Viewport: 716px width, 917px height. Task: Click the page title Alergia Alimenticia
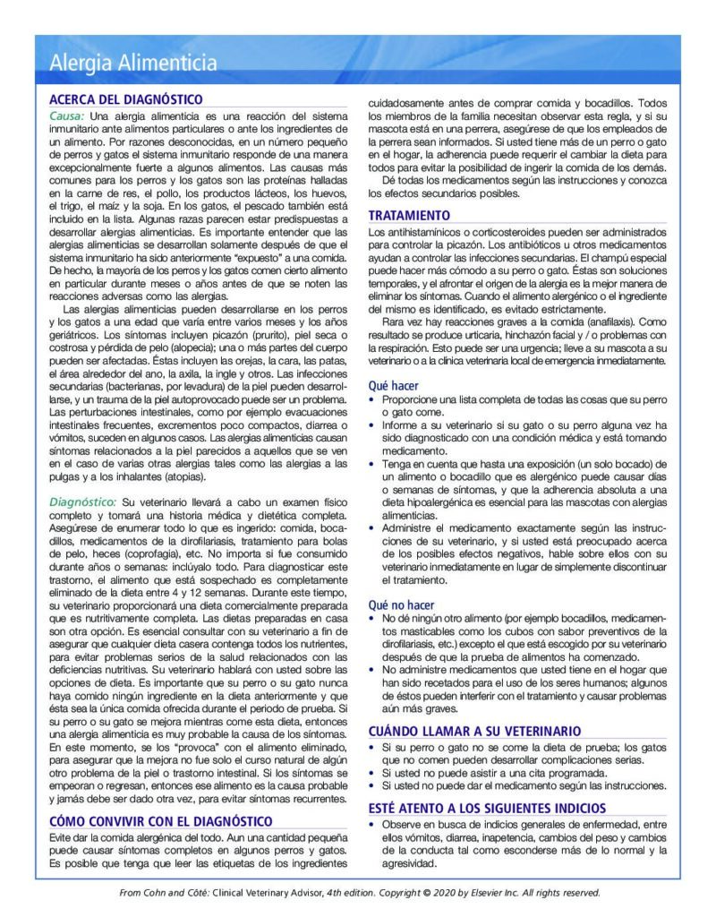133,63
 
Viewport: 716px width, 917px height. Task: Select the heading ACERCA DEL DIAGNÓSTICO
125,99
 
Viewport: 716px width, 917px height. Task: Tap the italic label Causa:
67,116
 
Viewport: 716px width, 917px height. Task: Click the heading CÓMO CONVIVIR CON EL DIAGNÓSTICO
160,821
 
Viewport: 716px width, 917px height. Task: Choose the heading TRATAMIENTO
409,216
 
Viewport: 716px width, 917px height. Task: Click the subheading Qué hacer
393,386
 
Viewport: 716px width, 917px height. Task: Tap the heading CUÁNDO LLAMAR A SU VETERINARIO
474,731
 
